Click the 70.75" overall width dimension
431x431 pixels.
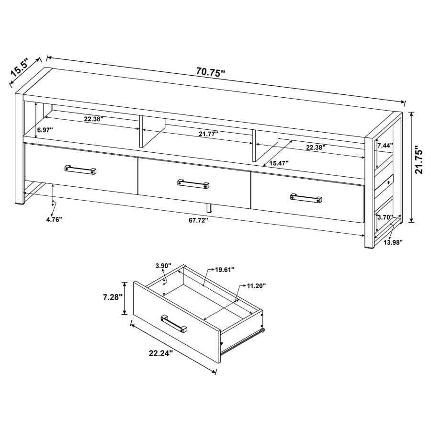click(211, 72)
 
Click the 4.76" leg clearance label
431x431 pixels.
click(54, 219)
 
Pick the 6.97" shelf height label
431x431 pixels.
click(45, 130)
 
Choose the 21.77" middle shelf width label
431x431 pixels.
click(208, 135)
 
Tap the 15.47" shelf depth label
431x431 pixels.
click(278, 163)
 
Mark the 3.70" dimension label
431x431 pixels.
click(385, 217)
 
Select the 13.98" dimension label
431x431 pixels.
click(393, 242)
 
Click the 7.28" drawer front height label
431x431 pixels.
click(113, 297)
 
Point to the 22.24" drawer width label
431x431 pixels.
click(160, 353)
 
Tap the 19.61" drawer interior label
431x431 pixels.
click(224, 270)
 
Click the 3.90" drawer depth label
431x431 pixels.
click(163, 266)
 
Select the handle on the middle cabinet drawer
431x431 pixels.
click(193, 184)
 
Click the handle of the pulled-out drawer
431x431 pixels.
click(174, 323)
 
